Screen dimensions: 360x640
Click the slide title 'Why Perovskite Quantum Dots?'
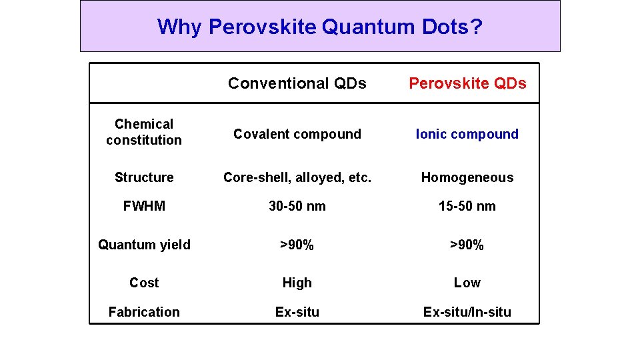pyautogui.click(x=320, y=27)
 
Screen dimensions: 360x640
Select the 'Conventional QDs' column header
pyautogui.click(x=297, y=83)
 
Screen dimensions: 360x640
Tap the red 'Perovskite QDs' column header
pyautogui.click(x=467, y=83)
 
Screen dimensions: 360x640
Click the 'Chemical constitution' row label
pyautogui.click(x=144, y=132)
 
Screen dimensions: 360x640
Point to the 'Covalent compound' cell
pyautogui.click(x=297, y=134)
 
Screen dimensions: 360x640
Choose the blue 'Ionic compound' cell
pyautogui.click(x=467, y=134)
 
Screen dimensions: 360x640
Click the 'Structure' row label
pyautogui.click(x=144, y=177)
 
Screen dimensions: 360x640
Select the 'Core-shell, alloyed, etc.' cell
pyautogui.click(x=297, y=177)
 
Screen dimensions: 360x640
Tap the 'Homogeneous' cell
pyautogui.click(x=467, y=177)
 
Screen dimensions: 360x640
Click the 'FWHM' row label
pyautogui.click(x=144, y=206)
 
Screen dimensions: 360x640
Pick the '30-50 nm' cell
pyautogui.click(x=297, y=206)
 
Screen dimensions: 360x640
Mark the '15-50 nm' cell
pyautogui.click(x=467, y=206)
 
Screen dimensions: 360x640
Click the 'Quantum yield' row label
pyautogui.click(x=144, y=245)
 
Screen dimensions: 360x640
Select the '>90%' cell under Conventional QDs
pyautogui.click(x=297, y=245)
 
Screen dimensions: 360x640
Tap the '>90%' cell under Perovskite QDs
pyautogui.click(x=467, y=245)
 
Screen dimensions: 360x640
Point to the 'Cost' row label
pyautogui.click(x=144, y=283)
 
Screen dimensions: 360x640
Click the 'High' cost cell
pyautogui.click(x=297, y=283)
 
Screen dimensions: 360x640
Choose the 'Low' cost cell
pyautogui.click(x=467, y=283)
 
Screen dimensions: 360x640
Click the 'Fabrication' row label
pyautogui.click(x=144, y=312)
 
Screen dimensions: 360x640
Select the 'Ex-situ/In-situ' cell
pyautogui.click(x=467, y=312)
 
